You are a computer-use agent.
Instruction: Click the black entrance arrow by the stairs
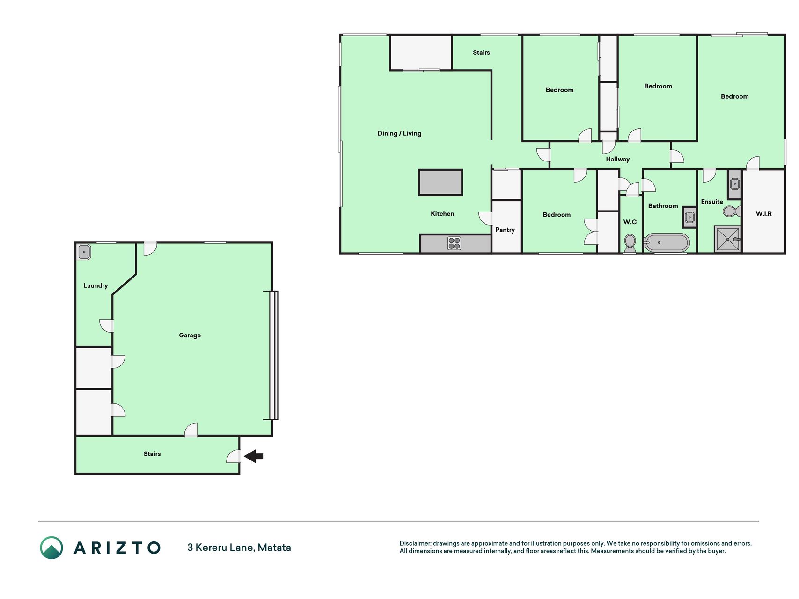click(x=254, y=456)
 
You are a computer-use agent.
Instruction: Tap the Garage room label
click(x=190, y=335)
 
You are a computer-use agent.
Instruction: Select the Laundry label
click(x=95, y=285)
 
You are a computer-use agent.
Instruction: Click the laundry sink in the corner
click(x=84, y=252)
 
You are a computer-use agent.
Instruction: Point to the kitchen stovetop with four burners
click(x=454, y=243)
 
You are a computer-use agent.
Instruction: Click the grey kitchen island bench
click(x=440, y=183)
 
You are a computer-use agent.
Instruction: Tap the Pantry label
click(x=505, y=230)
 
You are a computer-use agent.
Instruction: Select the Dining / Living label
click(x=399, y=133)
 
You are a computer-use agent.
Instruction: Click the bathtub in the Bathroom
click(x=667, y=243)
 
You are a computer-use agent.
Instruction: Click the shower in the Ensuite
click(x=728, y=239)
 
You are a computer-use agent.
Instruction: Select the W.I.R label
click(x=764, y=213)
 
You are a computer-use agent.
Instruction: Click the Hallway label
click(x=618, y=159)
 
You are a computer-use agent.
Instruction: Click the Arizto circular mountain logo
click(x=51, y=548)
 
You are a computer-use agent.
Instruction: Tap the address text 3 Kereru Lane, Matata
click(x=239, y=548)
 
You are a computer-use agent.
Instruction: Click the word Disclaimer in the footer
click(x=415, y=543)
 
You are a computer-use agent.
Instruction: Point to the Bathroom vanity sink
click(x=689, y=217)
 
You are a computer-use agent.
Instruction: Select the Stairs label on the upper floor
click(x=481, y=52)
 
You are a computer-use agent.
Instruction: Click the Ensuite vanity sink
click(x=735, y=184)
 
